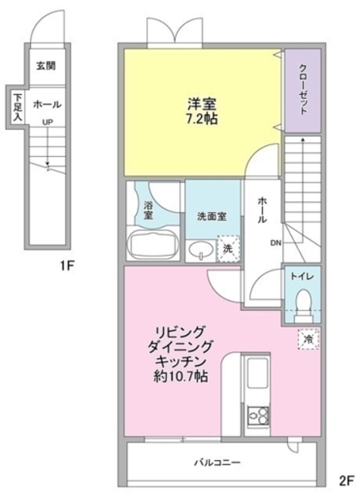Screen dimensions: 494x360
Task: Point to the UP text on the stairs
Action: point(48,122)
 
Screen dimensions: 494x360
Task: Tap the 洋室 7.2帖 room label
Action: point(202,110)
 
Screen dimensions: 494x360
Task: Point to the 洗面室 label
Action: point(211,217)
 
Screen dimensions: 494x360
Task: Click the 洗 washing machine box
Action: point(228,249)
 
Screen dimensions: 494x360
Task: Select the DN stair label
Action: point(275,245)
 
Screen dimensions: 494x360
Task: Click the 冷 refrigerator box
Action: point(307,338)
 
